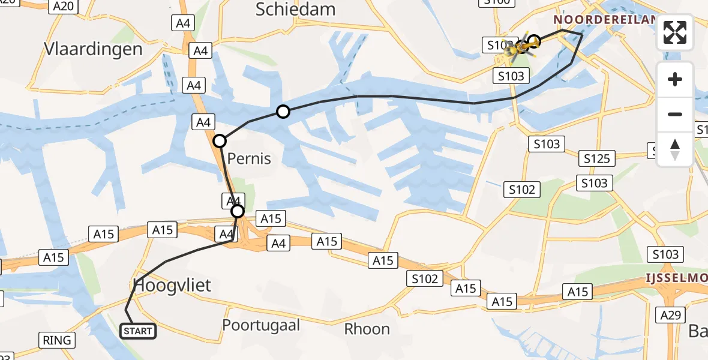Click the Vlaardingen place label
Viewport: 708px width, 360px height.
(x=93, y=49)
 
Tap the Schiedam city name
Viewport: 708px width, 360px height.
(x=295, y=9)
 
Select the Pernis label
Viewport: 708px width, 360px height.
(x=249, y=158)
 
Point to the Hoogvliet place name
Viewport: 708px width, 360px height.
(x=173, y=285)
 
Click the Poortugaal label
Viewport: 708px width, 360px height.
(x=261, y=325)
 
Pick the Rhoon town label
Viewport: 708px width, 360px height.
(x=367, y=329)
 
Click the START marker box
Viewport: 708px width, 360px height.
(x=139, y=331)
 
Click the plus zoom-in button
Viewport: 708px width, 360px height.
(x=675, y=79)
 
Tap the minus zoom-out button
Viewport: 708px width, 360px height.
(x=675, y=114)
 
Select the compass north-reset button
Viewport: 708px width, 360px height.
(x=675, y=149)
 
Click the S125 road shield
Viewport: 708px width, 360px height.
(x=597, y=158)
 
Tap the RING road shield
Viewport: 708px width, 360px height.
(x=58, y=340)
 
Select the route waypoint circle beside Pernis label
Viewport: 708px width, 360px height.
(x=220, y=141)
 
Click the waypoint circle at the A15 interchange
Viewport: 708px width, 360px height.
(x=238, y=211)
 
